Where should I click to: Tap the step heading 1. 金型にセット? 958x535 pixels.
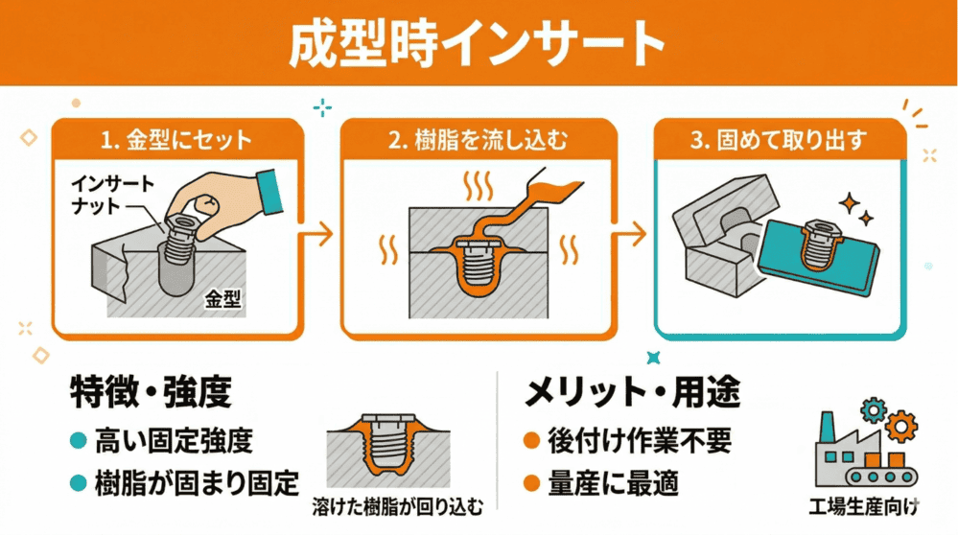[177, 141]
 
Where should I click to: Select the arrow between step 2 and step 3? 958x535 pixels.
[630, 232]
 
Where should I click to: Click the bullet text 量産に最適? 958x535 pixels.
[614, 483]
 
